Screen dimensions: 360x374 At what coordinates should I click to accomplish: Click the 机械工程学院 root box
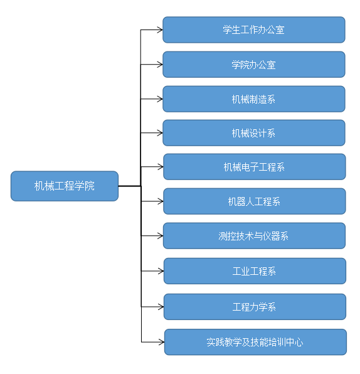(65, 186)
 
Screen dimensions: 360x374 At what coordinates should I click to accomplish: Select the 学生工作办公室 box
(254, 30)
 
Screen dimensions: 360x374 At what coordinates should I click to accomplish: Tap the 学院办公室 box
(254, 65)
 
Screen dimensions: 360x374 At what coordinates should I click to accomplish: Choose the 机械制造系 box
(254, 99)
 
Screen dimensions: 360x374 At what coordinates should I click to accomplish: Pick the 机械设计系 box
(254, 133)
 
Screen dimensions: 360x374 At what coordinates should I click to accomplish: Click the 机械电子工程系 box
(255, 167)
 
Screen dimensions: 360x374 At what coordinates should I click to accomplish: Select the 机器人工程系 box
(255, 201)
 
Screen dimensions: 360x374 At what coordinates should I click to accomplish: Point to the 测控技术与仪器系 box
(254, 236)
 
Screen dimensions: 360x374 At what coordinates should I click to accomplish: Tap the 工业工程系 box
(255, 271)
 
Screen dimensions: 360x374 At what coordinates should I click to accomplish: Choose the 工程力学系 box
(255, 307)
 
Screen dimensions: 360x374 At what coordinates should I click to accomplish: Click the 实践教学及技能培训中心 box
(255, 342)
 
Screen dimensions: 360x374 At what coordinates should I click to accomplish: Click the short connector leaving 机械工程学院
(130, 186)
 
